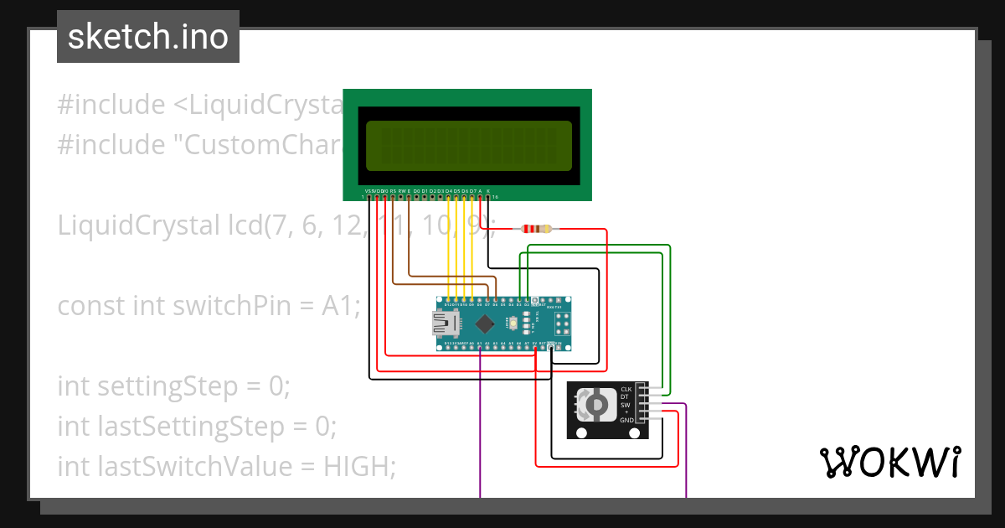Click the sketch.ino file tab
[x=147, y=37]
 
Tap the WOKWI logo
[x=889, y=462]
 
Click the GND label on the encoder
[x=626, y=421]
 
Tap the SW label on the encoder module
[x=626, y=405]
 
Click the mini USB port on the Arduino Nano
[x=443, y=324]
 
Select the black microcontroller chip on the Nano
[x=484, y=324]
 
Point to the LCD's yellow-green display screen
[x=469, y=146]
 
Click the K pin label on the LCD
[x=488, y=190]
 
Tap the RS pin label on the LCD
[x=393, y=190]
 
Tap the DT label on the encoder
[x=626, y=397]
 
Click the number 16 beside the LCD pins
[x=495, y=197]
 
